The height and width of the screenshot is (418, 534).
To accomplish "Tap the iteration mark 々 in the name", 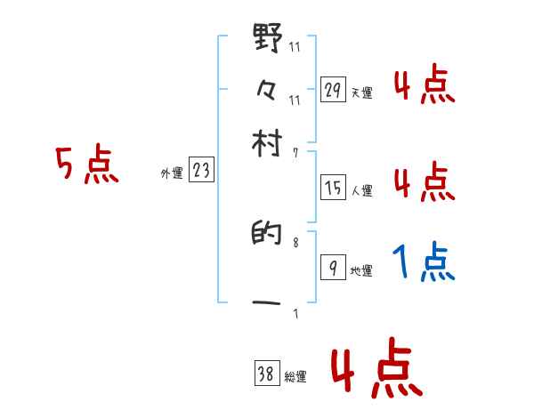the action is (268, 89).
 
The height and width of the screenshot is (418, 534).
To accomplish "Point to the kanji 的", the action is (268, 238).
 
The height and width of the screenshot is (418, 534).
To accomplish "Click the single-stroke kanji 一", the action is (268, 303).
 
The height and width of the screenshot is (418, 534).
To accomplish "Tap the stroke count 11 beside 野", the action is (295, 48).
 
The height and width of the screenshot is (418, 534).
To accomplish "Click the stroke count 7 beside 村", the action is (295, 153).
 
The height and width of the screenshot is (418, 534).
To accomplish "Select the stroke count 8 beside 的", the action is (295, 241).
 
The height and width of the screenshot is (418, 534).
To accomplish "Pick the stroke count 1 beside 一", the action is (295, 312).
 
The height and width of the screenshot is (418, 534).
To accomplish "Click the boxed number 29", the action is (333, 90).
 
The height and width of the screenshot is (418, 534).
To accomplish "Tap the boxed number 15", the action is (333, 187).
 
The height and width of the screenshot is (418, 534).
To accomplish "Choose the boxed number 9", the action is (333, 269).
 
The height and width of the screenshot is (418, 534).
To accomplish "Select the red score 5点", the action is (86, 165).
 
